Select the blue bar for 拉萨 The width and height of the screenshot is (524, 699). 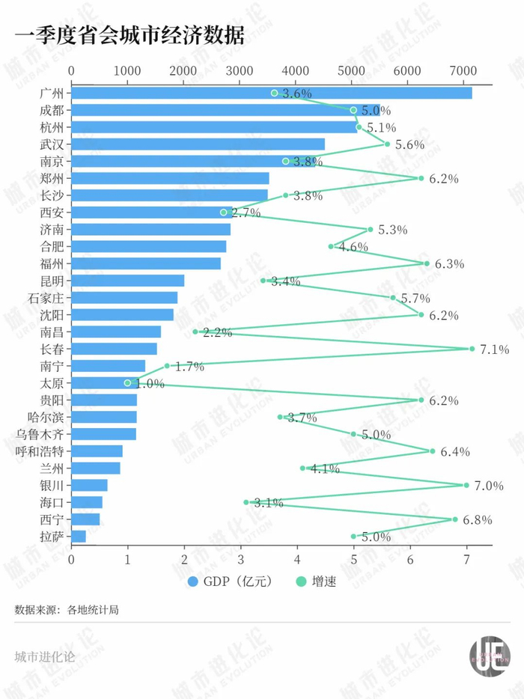[79, 537]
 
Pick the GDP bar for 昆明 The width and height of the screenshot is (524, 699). [128, 281]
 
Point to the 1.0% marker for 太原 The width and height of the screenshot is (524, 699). [127, 383]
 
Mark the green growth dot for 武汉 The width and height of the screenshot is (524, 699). [387, 144]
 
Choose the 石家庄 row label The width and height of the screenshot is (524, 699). [46, 298]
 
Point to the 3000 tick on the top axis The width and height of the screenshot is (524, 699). [240, 70]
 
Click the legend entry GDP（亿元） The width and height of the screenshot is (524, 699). [231, 582]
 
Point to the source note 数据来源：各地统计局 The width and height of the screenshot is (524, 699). [67, 610]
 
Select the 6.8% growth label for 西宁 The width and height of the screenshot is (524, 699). [477, 519]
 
